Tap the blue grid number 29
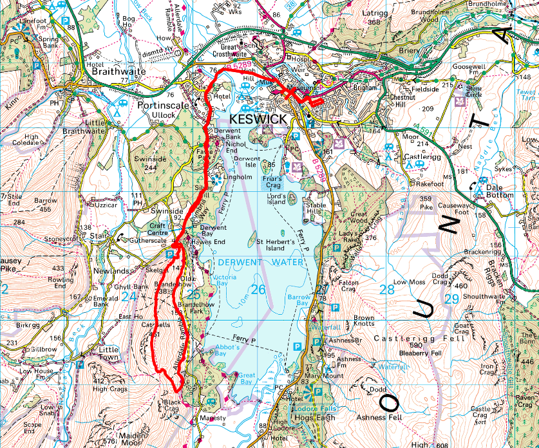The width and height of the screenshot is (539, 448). tap(451, 299)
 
